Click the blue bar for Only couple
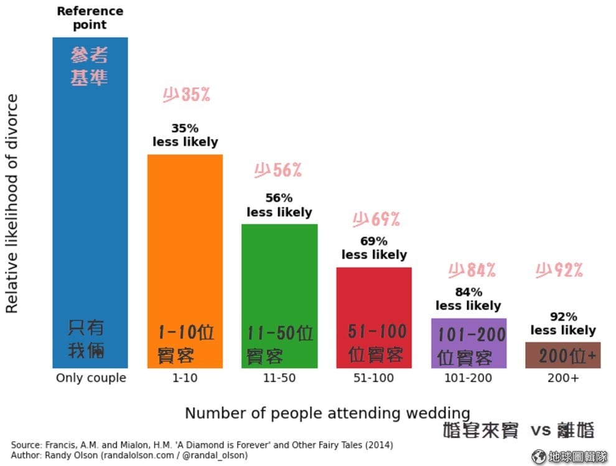click(90, 199)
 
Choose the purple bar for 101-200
click(469, 343)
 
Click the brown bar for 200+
click(563, 355)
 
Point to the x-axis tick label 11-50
click(279, 378)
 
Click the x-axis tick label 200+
click(563, 378)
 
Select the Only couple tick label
click(91, 378)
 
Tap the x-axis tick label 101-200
click(469, 378)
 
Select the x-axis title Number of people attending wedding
click(327, 413)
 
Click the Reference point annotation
click(90, 18)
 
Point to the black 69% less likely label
click(374, 248)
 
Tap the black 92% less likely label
click(563, 323)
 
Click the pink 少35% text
click(186, 95)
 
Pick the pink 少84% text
click(472, 270)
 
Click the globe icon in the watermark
click(539, 457)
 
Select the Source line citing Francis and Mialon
click(202, 445)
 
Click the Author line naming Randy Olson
click(129, 455)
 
